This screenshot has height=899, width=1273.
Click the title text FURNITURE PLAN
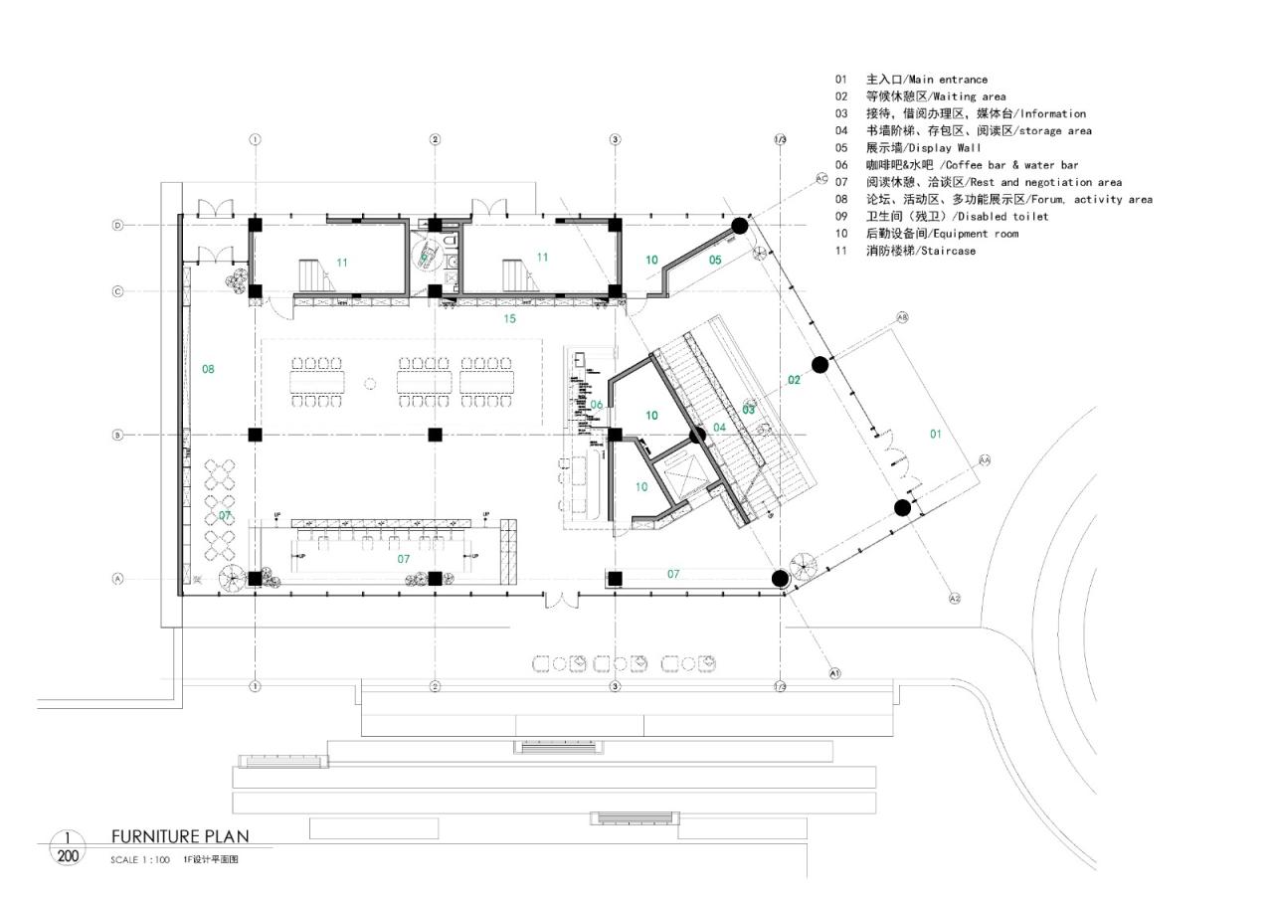point(180,836)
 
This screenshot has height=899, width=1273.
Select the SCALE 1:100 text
point(140,860)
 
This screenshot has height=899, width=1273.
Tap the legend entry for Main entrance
point(912,80)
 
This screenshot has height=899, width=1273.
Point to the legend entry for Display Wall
point(908,148)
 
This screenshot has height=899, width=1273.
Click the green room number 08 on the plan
point(208,369)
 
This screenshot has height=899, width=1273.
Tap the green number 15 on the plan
point(510,319)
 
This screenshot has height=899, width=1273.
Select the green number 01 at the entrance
point(935,434)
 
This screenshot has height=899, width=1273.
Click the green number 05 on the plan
point(715,260)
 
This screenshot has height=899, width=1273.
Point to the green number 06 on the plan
point(597,404)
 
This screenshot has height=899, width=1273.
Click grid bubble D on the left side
point(117,226)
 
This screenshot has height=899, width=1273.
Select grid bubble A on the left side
point(117,579)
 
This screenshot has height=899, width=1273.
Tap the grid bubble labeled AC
point(821,178)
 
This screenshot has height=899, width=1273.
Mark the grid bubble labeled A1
point(835,673)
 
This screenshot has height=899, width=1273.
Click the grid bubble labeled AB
point(903,317)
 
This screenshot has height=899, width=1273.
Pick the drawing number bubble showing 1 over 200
point(68,847)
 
